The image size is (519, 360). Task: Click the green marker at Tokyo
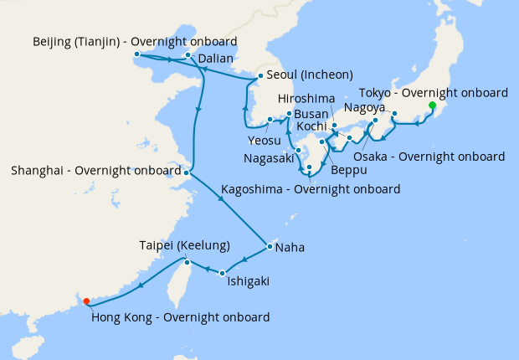pos(432,105)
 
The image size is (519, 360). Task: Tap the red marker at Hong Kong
pos(86,301)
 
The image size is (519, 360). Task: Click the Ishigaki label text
pos(248,281)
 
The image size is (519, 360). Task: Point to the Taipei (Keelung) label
pos(184,245)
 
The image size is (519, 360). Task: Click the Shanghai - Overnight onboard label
pos(96,171)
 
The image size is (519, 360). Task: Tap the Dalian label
pos(216,59)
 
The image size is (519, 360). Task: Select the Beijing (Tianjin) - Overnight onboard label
pos(135,41)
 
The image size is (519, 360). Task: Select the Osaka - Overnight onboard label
pos(429,157)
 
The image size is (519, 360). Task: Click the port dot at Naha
pos(269,247)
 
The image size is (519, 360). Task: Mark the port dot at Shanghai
pos(188,172)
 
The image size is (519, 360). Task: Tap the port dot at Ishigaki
pos(223,273)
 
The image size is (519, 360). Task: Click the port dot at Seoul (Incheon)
pos(249,81)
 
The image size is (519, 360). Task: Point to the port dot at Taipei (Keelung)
pos(188,263)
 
